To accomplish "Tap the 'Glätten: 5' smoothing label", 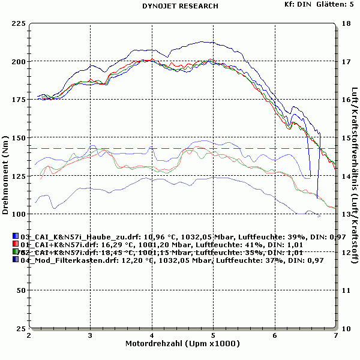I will pos(334,4).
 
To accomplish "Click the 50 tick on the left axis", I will pos(21,290).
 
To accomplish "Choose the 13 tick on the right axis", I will pos(345,214).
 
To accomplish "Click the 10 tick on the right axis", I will pos(345,328).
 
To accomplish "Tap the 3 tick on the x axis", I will pos(91,335).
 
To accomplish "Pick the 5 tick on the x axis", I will pos(213,335).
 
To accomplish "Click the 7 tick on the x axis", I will pos(335,335).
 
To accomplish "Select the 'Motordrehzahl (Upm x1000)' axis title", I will pos(183,344).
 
